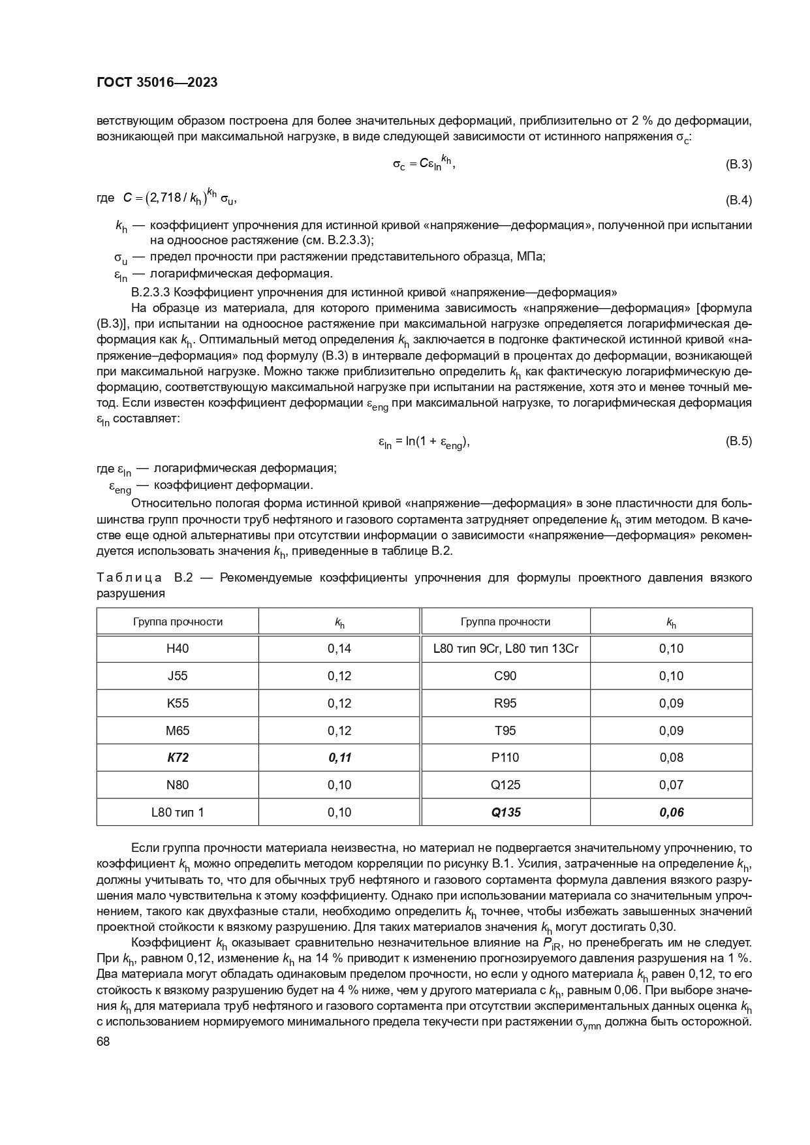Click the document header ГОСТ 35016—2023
157,82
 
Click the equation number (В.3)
738,165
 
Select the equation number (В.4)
738,200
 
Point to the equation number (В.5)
738,441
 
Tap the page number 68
103,1042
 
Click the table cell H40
178,648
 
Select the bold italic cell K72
178,757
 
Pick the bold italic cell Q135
506,812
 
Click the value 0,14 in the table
339,648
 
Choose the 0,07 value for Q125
671,785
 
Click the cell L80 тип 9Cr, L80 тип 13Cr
506,648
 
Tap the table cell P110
506,757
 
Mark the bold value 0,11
339,757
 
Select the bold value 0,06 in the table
671,812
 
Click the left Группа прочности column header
178,621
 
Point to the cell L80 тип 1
178,812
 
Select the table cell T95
506,730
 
